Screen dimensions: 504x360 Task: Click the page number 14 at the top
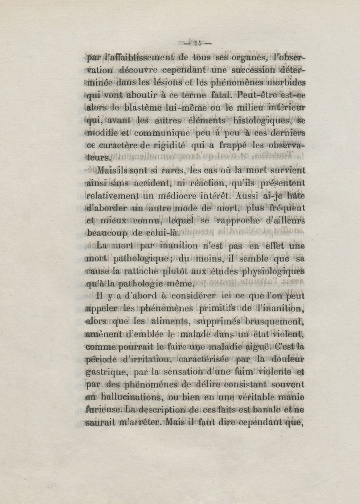[196, 44]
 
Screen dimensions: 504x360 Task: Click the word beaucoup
[108, 233]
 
